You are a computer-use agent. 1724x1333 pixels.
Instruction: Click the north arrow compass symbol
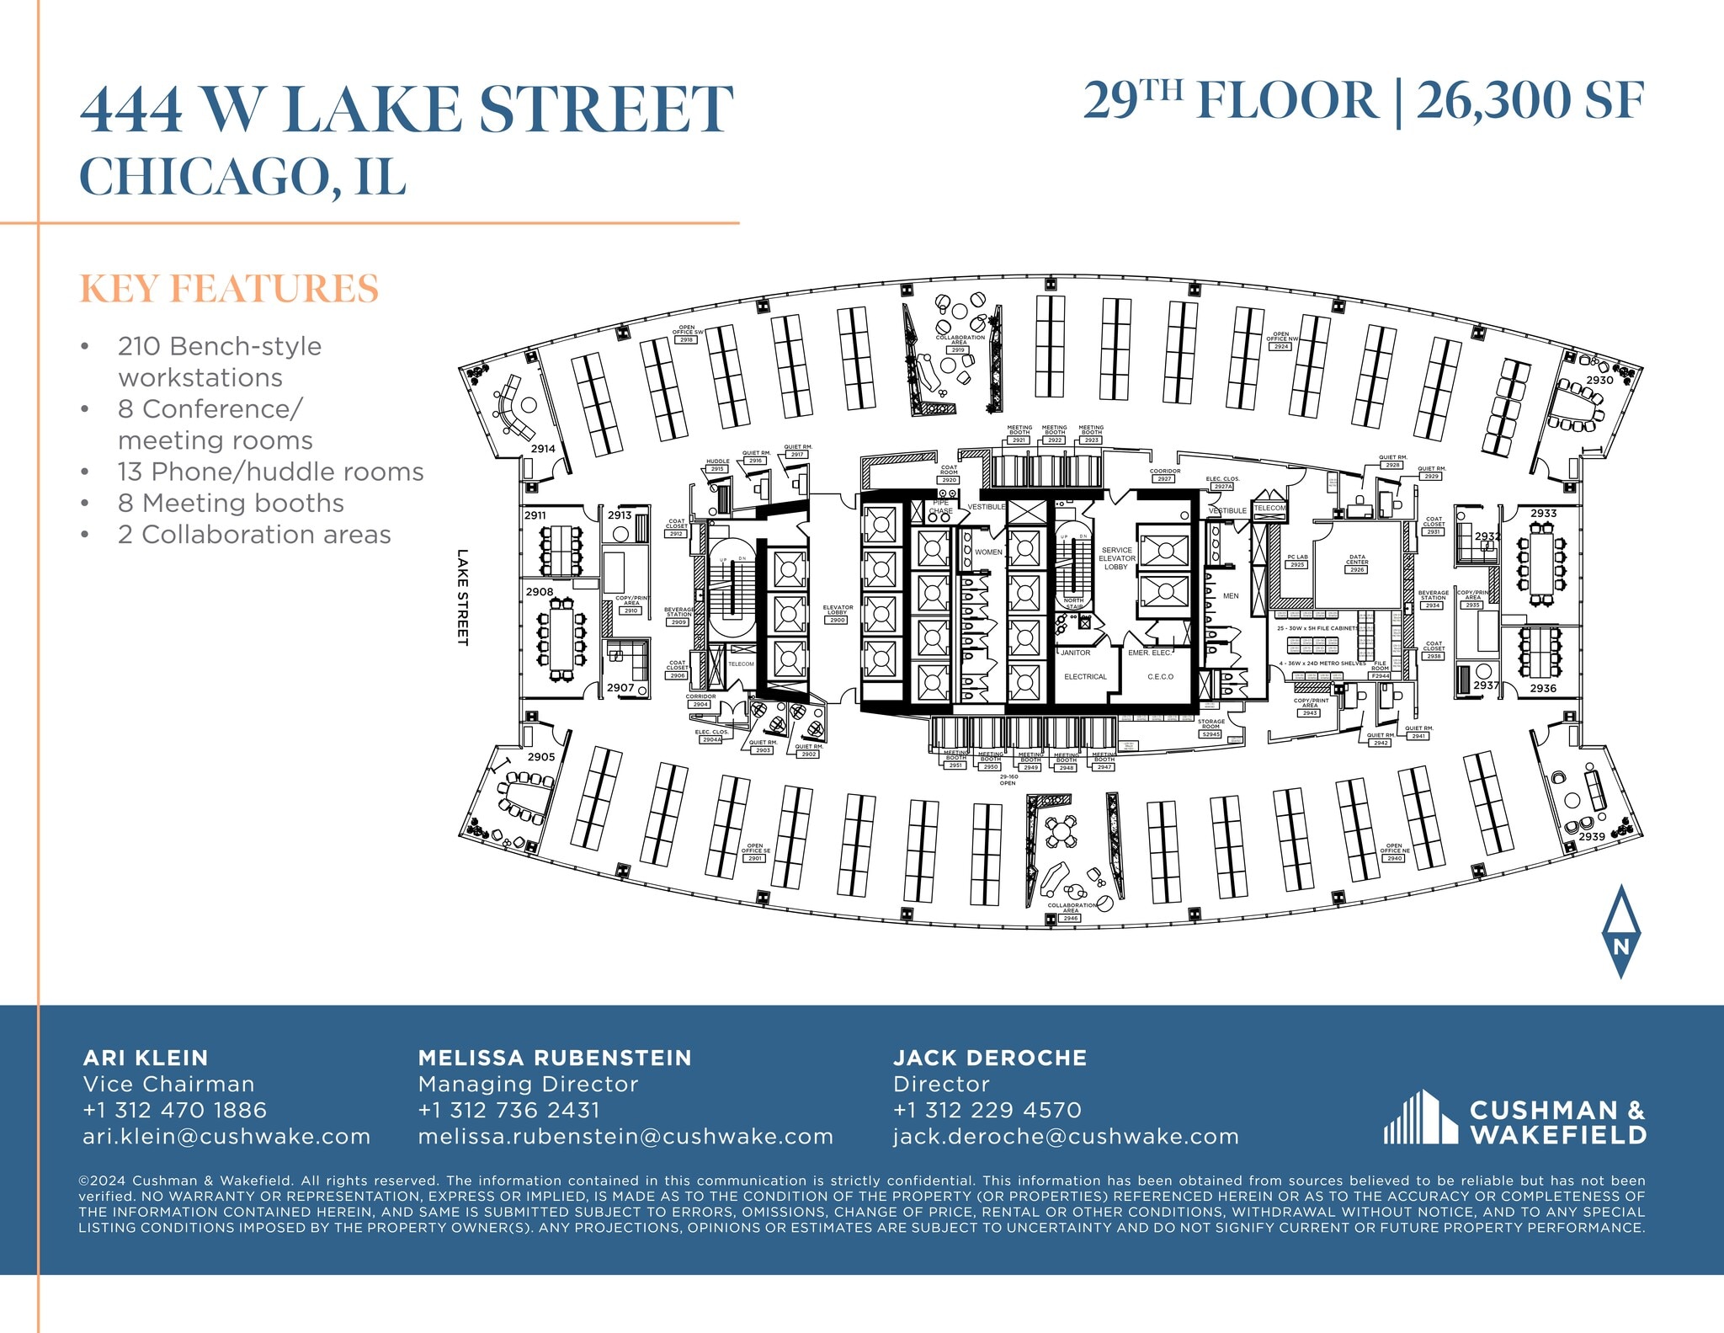(x=1620, y=931)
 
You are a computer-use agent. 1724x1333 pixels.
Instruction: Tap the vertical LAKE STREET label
(x=462, y=597)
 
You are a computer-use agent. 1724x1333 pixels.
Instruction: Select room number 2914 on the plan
(x=543, y=449)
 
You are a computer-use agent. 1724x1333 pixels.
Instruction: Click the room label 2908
(x=540, y=592)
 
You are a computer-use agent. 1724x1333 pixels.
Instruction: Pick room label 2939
(x=1592, y=836)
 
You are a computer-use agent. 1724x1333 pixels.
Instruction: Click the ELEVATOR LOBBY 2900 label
(x=838, y=614)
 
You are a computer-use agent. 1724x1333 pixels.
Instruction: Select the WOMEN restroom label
(x=988, y=552)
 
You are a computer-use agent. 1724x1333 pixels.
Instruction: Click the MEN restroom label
(x=1231, y=596)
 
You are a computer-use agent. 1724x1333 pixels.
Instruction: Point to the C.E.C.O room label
(x=1160, y=677)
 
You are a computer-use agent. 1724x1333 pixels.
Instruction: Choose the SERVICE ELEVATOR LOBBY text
(x=1116, y=558)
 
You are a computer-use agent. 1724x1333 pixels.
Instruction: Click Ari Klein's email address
(x=226, y=1136)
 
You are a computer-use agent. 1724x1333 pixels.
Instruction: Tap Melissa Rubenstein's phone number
(x=509, y=1110)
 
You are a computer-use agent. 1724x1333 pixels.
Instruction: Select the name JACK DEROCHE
(x=990, y=1058)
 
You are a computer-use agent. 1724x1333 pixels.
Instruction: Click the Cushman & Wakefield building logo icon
(x=1420, y=1117)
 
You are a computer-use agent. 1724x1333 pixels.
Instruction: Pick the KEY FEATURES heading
(x=229, y=288)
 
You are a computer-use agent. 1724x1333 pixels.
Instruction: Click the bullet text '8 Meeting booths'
(x=231, y=503)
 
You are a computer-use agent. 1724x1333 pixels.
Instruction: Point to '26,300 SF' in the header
(x=1530, y=101)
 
